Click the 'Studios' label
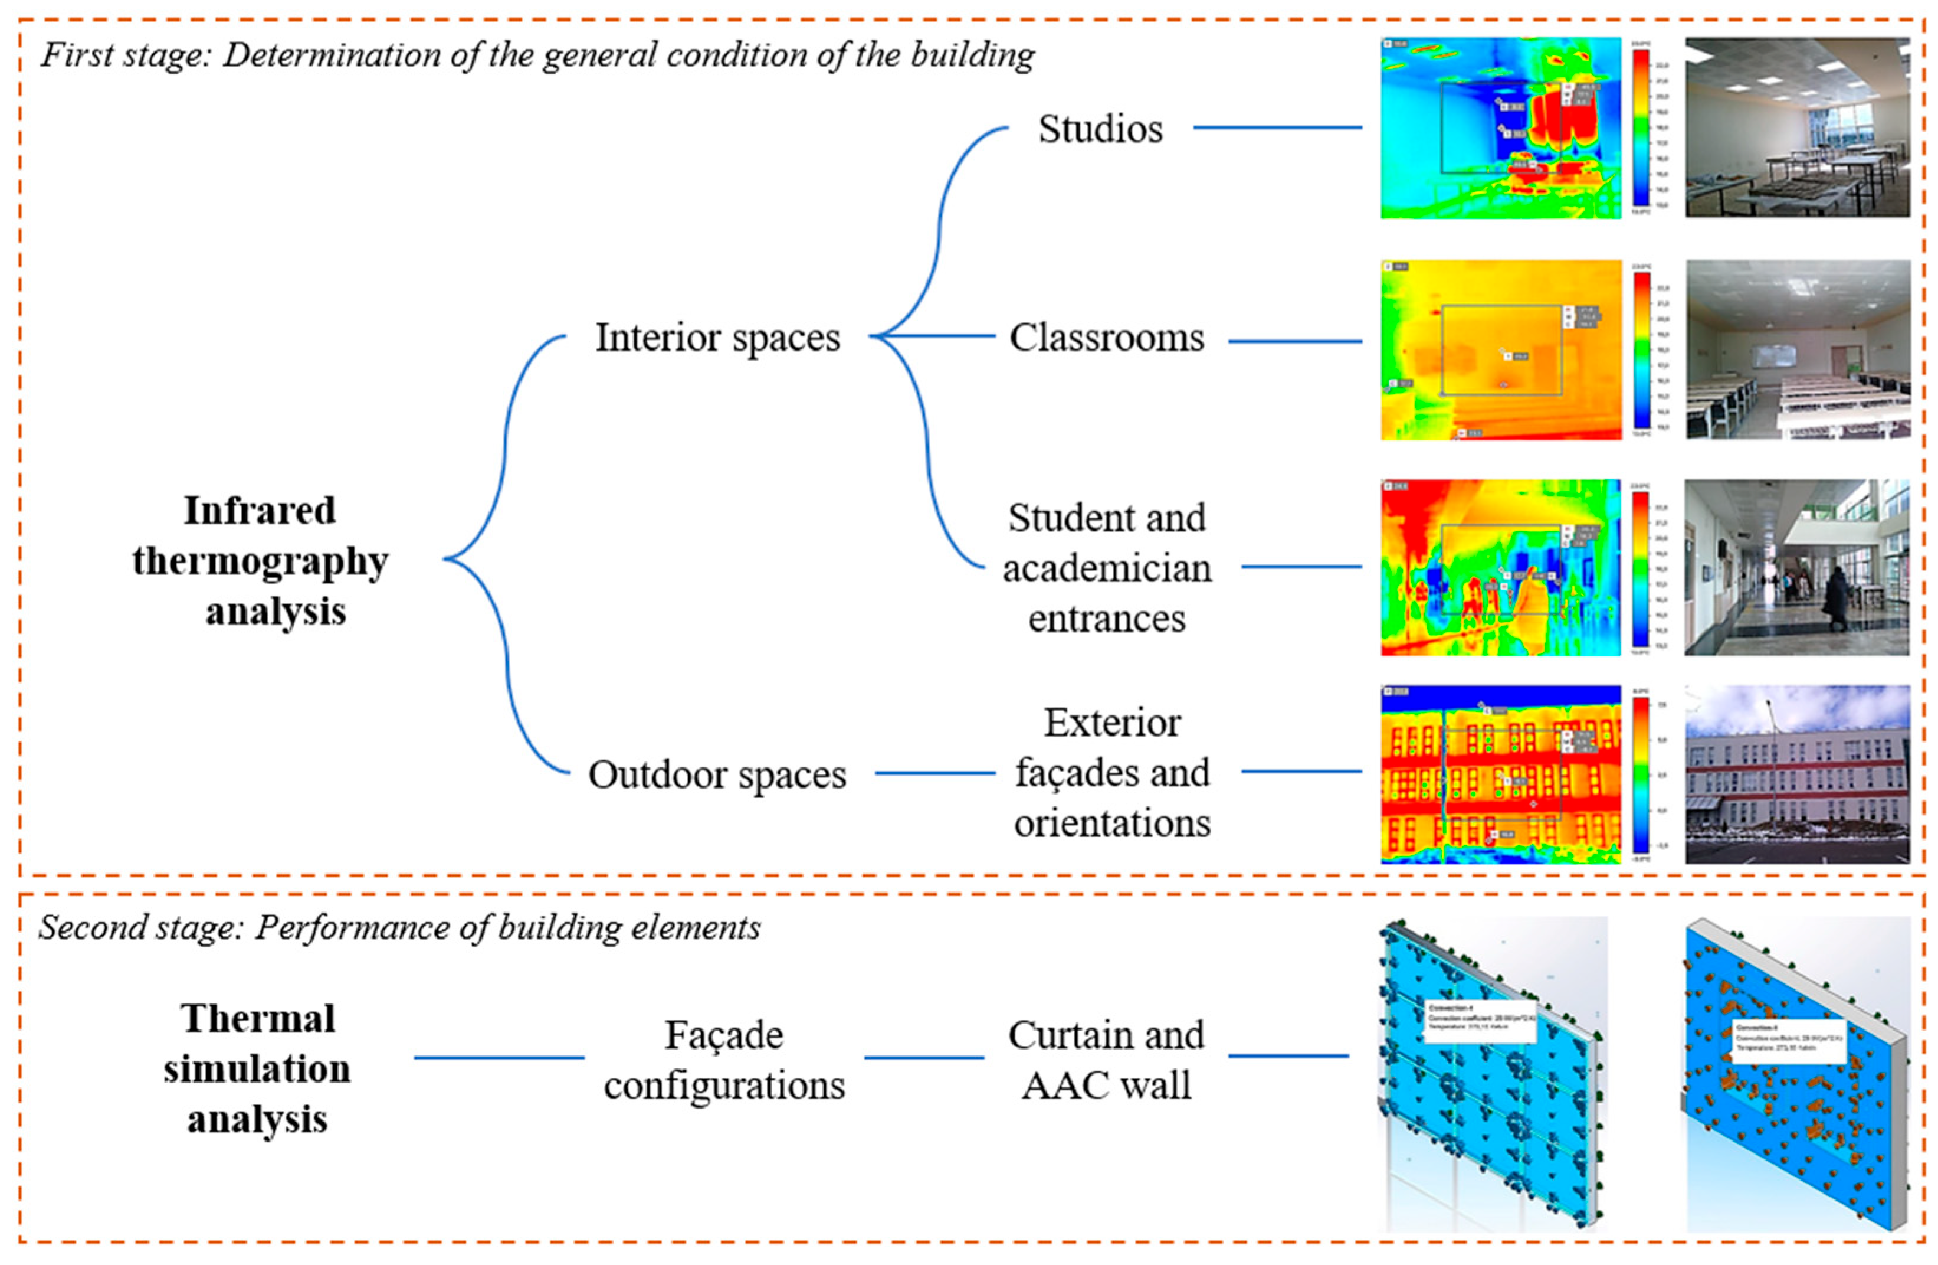pos(1100,129)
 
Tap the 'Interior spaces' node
pos(717,337)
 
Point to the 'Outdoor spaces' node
pos(717,774)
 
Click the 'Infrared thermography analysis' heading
pos(261,560)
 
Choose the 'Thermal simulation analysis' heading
pos(257,1068)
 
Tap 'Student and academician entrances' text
pos(1107,568)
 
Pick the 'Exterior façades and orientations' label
pos(1112,772)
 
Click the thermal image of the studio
pos(1500,128)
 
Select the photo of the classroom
pos(1797,349)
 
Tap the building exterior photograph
pos(1797,774)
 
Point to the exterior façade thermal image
pos(1500,774)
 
